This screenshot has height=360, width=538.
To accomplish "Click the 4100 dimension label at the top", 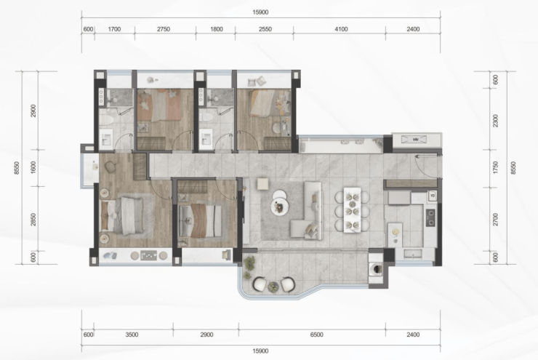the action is [341, 29].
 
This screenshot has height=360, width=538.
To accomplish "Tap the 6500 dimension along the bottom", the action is [316, 335].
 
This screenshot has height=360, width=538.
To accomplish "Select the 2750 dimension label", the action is [164, 29].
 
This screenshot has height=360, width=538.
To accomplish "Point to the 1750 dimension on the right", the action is [495, 167].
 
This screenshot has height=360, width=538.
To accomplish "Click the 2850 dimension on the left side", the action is [33, 220].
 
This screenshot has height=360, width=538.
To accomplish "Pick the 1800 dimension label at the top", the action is [216, 29].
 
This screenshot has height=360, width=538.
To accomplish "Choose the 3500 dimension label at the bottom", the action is [132, 335].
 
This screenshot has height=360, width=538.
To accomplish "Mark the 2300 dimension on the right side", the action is [495, 121].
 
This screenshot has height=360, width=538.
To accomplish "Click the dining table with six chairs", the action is [352, 209].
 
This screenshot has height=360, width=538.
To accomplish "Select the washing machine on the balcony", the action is [376, 268].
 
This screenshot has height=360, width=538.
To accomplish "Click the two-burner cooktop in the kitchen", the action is [430, 217].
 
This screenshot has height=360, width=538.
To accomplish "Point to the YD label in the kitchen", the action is [433, 196].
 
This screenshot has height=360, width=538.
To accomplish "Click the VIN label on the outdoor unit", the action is [415, 140].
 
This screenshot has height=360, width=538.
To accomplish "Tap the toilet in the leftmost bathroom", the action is [106, 119].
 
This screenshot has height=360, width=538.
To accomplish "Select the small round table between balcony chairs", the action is [273, 287].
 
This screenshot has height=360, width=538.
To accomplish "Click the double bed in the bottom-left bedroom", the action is [122, 215].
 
